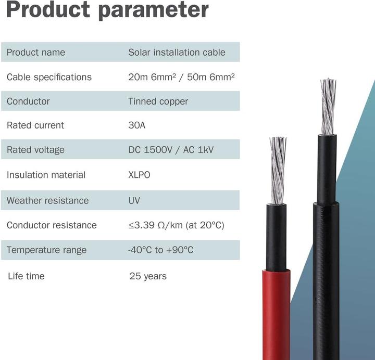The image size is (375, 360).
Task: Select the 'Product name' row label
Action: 36,52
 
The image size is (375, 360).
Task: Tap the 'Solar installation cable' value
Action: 177,52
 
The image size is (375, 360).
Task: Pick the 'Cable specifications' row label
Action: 49,77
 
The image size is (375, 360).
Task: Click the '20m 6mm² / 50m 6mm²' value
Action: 181,77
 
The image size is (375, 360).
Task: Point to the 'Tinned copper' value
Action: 158,101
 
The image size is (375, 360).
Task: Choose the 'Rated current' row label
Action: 35,125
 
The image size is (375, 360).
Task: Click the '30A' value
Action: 137,125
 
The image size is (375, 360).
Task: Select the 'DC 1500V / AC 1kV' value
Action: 171,150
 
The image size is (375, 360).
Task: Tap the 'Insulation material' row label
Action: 46,175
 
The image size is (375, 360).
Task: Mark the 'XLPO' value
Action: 139,175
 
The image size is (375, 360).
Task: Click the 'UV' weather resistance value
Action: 134,200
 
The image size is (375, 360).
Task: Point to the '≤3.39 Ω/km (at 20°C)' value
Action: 176,225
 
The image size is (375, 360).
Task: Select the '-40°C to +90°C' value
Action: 160,250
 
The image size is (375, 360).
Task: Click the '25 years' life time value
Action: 148,276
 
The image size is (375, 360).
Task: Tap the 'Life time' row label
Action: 26,276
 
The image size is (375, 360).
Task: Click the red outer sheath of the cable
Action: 276,312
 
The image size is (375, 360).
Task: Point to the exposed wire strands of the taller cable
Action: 328,107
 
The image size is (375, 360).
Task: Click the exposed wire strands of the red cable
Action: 278,169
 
